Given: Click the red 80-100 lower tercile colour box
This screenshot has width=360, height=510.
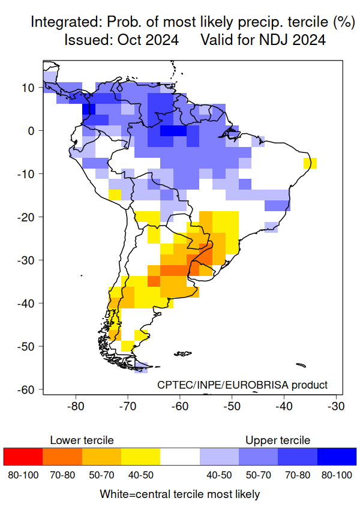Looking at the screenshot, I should point(23,457).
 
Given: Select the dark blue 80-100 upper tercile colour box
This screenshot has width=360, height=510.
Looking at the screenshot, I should point(337,457).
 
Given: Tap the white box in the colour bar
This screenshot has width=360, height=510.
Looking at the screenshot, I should point(180,457).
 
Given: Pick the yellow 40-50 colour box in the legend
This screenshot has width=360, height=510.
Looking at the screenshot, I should point(140,457).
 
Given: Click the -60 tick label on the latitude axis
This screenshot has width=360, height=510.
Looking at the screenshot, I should point(28,390).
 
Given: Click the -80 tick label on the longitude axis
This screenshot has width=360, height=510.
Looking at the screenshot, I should point(75,406).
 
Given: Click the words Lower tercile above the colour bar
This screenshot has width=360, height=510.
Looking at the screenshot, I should point(82,440).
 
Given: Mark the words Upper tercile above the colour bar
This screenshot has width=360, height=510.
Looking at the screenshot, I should point(278,440).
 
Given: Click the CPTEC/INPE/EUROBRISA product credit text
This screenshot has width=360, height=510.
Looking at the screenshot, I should point(242,385).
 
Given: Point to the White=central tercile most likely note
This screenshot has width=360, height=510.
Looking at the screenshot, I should point(180,494).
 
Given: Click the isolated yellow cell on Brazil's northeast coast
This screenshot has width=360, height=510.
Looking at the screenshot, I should point(310,163).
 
